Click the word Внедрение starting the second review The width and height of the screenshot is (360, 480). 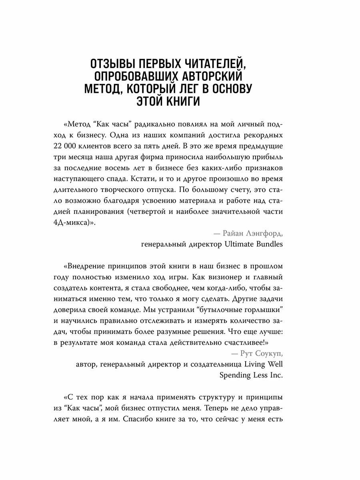coord(87,266)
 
